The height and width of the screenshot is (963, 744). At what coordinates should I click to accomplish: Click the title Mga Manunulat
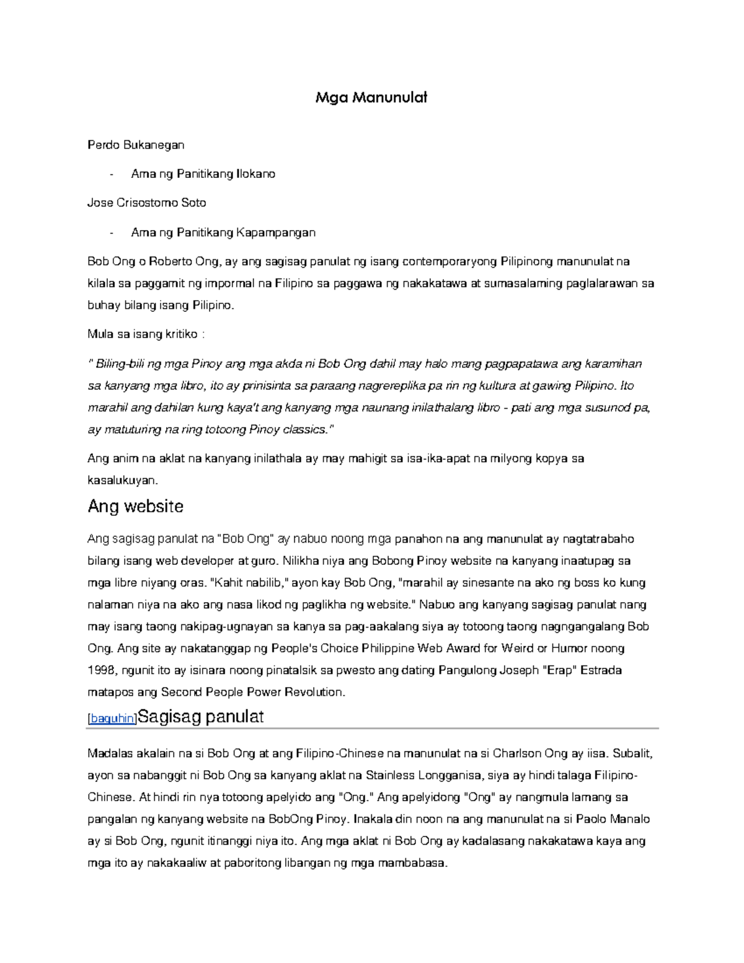[x=371, y=97]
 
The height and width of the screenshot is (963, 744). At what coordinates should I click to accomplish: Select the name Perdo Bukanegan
[x=136, y=145]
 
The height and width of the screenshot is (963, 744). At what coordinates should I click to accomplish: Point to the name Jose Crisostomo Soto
[x=146, y=203]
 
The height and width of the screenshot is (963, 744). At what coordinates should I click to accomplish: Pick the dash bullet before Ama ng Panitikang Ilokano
[x=111, y=174]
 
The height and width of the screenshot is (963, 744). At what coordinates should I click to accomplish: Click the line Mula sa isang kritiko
[x=146, y=334]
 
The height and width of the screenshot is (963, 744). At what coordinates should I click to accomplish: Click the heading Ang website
[x=135, y=507]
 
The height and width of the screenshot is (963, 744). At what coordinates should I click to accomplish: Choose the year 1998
[x=101, y=670]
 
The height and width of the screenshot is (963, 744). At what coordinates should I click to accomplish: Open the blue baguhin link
[x=112, y=719]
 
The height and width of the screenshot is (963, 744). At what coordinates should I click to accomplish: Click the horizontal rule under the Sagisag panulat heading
[x=372, y=729]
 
